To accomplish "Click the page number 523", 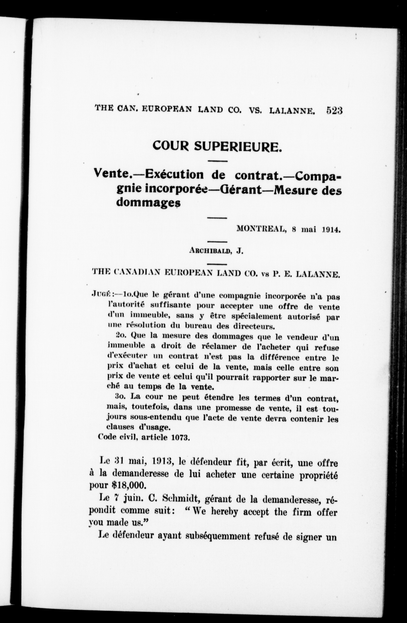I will point(334,110).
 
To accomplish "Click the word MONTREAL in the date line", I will point(260,229).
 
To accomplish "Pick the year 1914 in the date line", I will point(331,229).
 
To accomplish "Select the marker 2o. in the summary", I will point(121,335).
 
